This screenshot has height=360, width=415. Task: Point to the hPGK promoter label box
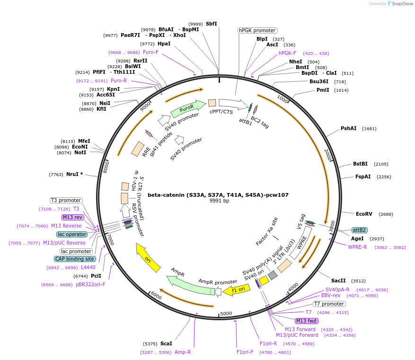point(257,30)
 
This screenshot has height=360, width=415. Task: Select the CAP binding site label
point(75,259)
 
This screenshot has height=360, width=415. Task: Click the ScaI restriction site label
point(166,343)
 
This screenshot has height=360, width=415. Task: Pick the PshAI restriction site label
point(349,128)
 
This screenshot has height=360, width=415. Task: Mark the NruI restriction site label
point(74,174)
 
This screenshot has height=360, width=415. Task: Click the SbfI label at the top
point(211,24)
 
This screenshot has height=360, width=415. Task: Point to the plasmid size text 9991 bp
point(219,201)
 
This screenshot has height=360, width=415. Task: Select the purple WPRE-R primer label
point(357,247)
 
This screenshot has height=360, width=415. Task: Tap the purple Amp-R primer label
point(183,352)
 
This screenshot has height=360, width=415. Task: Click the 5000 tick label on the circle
point(226,313)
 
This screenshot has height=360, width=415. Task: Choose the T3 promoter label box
point(66,200)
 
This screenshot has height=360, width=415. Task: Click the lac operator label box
point(72,234)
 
